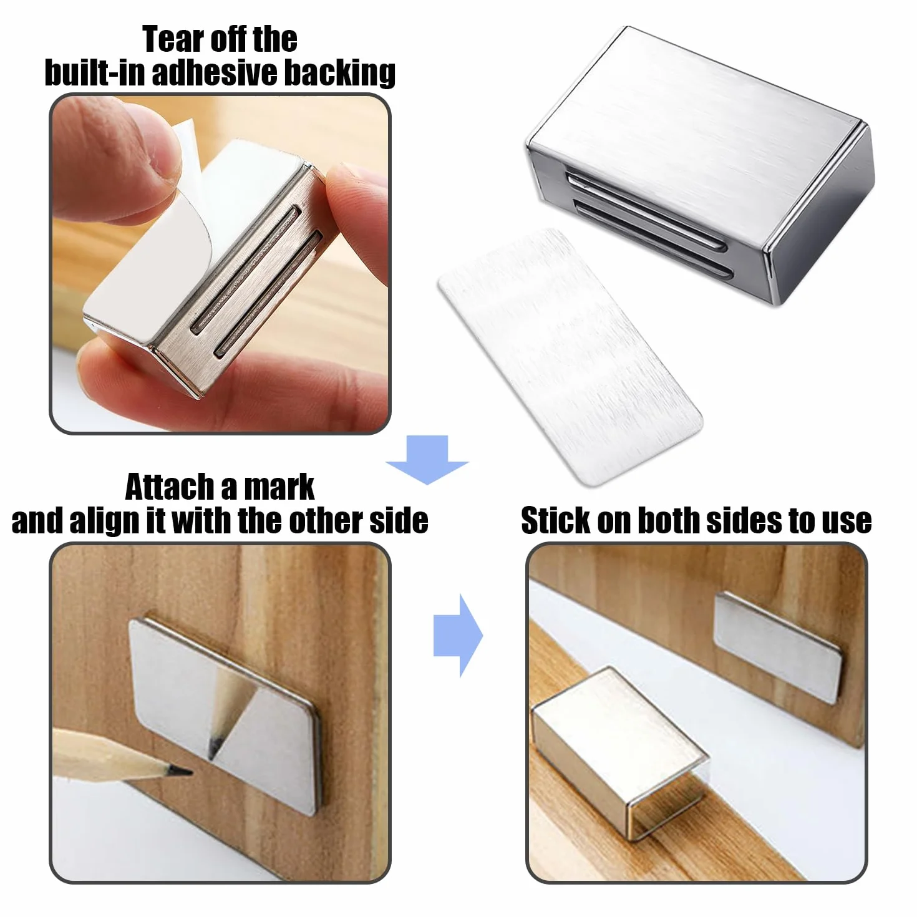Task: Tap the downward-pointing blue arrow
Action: tap(427, 460)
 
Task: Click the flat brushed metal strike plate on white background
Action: tap(570, 357)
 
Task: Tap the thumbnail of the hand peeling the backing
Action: tap(220, 264)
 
